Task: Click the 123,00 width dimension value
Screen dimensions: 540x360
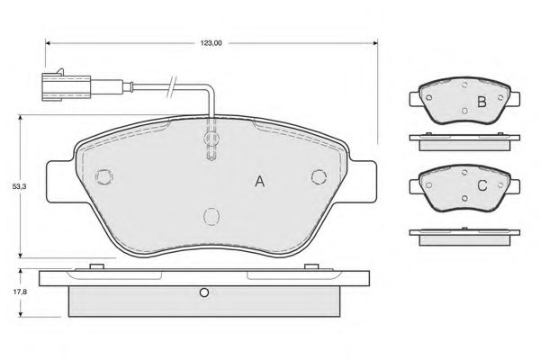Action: pyautogui.click(x=211, y=43)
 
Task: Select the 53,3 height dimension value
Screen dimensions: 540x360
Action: pyautogui.click(x=20, y=186)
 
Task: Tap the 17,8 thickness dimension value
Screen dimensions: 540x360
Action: pyautogui.click(x=20, y=292)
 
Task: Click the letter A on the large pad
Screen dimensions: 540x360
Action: pyautogui.click(x=260, y=181)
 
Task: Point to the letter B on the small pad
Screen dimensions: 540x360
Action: pyautogui.click(x=481, y=102)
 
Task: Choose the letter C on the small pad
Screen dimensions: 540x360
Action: pyautogui.click(x=482, y=185)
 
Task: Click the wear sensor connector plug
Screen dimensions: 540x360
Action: pyautogui.click(x=66, y=86)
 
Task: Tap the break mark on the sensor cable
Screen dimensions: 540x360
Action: pyautogui.click(x=171, y=86)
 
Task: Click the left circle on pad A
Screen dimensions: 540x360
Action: pyautogui.click(x=104, y=177)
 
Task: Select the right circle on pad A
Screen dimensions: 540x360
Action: pyautogui.click(x=319, y=176)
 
